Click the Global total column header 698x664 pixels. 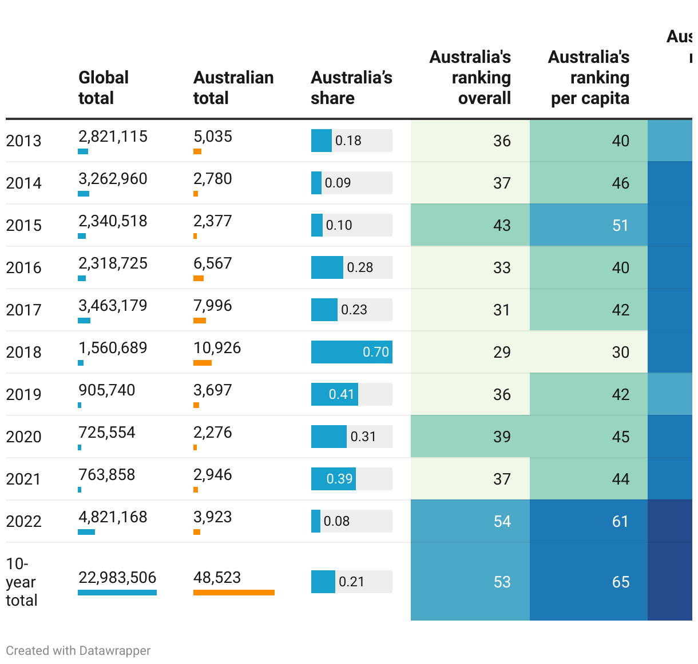pos(104,87)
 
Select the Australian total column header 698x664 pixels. pos(233,87)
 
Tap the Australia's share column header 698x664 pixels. pos(351,87)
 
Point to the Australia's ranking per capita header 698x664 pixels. pos(589,77)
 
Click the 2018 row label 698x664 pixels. pos(23,352)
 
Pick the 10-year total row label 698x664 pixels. pos(21,582)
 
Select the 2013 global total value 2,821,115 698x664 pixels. pos(113,137)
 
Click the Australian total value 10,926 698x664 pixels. pos(217,348)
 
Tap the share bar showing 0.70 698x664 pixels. pos(351,352)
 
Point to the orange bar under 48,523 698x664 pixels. pos(233,593)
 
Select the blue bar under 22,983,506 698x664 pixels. pos(117,593)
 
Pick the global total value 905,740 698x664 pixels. pos(106,390)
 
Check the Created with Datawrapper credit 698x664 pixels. pos(78,651)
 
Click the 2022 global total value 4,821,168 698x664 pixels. pos(113,517)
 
